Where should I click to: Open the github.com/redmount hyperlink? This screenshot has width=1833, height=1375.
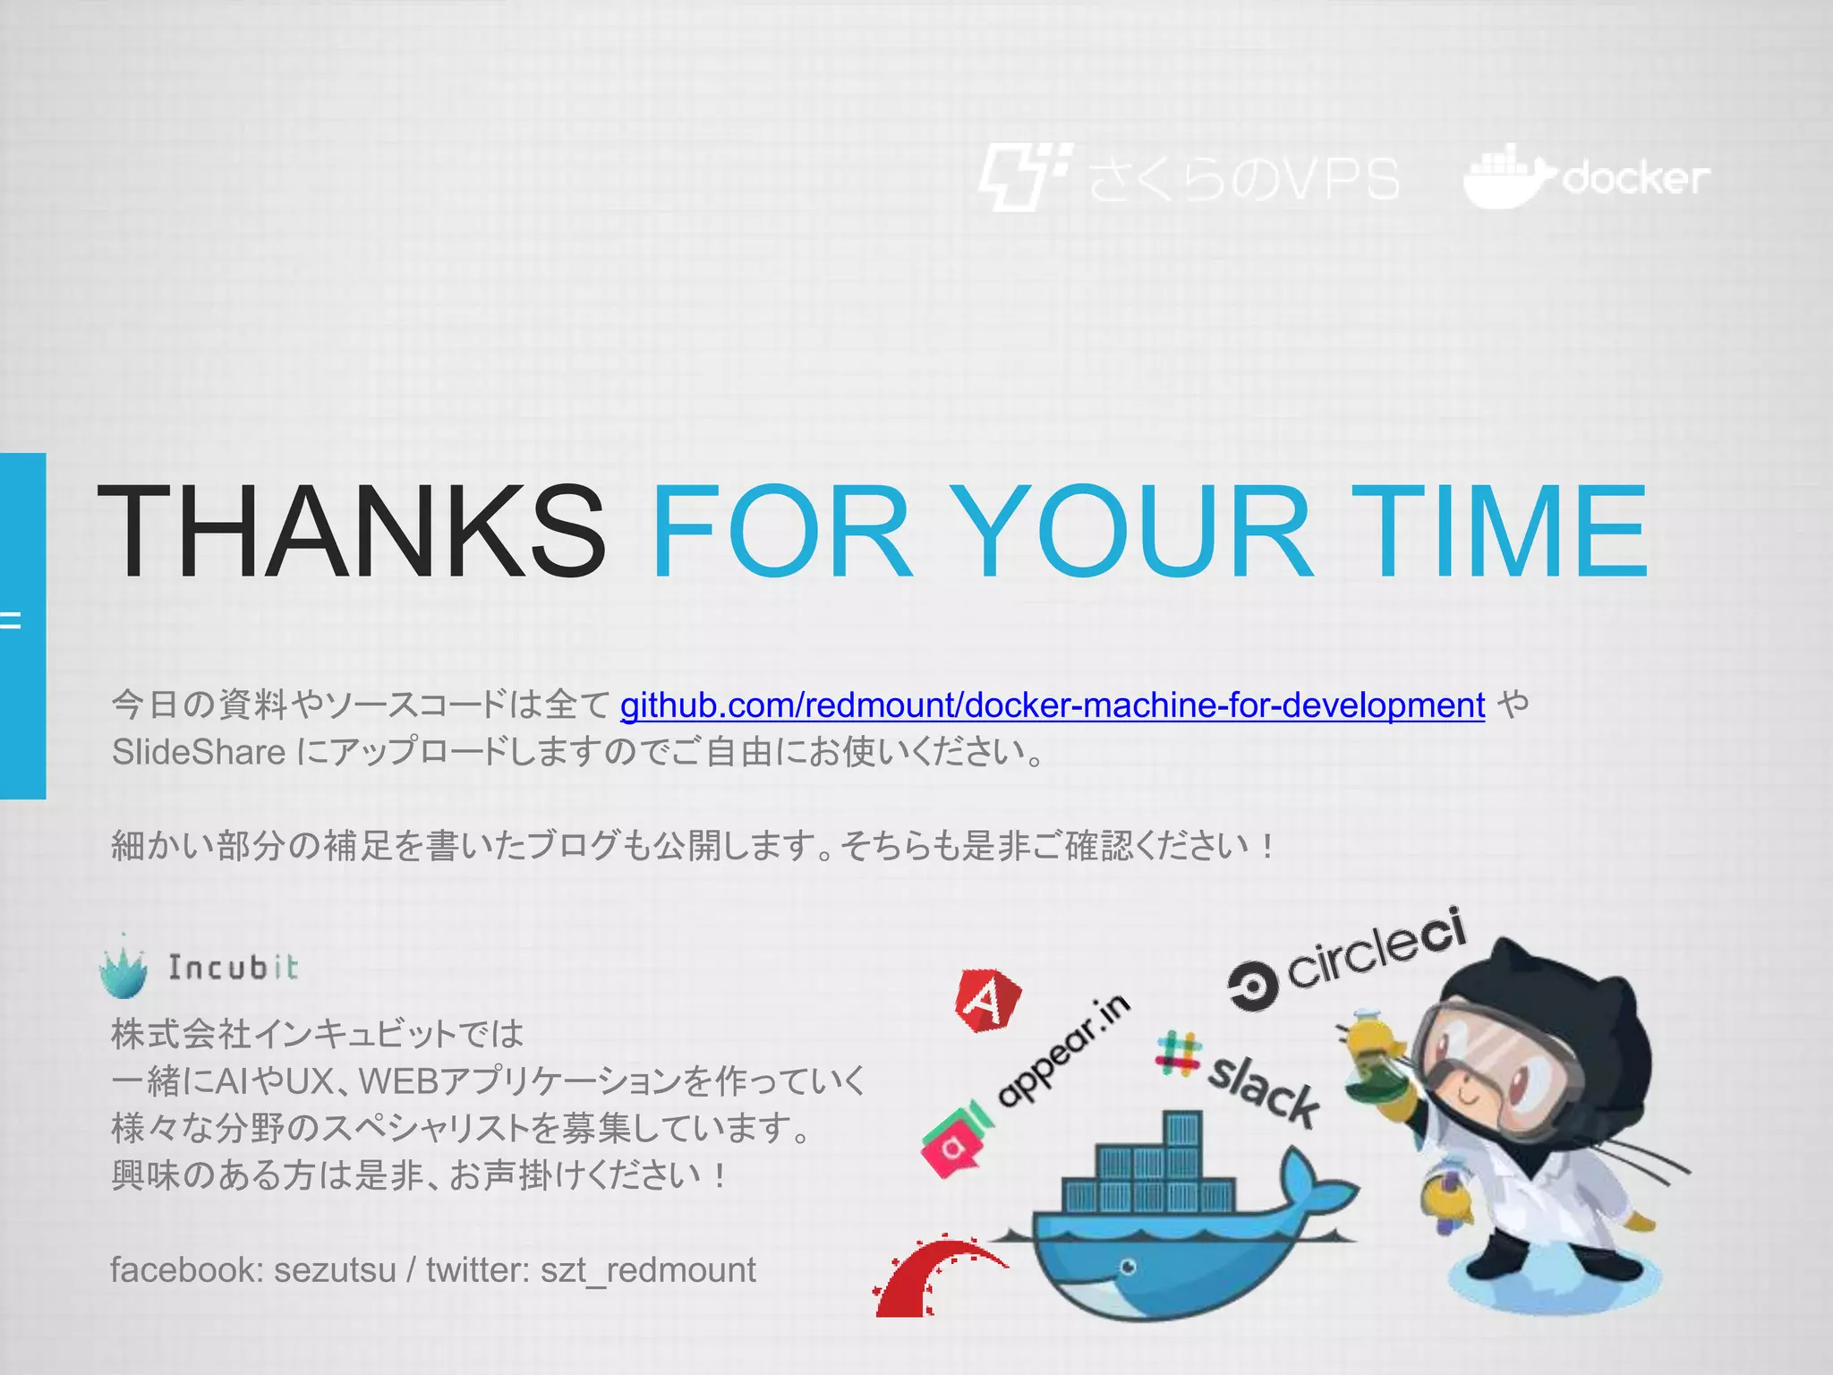[1052, 705]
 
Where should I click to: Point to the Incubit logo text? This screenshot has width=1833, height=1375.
[234, 968]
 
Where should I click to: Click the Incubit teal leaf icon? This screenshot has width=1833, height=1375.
[124, 969]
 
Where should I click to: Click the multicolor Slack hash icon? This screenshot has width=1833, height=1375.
[1177, 1054]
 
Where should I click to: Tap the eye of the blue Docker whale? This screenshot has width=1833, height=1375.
[1128, 1267]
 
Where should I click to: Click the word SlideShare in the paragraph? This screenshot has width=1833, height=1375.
[198, 752]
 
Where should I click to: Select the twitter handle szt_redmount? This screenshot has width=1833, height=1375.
[648, 1270]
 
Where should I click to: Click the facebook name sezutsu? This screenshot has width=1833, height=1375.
[335, 1270]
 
